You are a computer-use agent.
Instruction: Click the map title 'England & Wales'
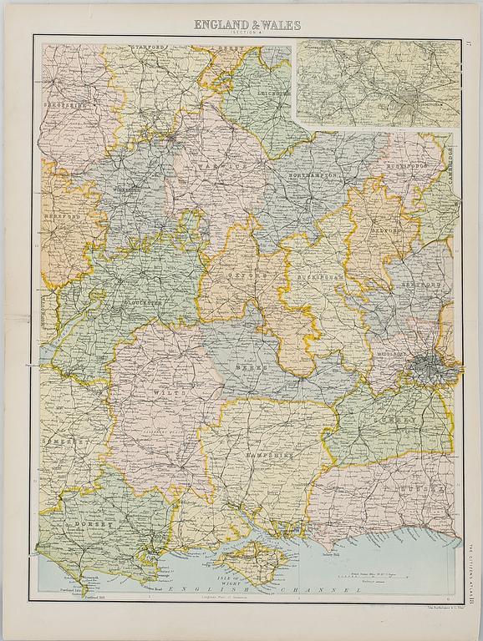241,25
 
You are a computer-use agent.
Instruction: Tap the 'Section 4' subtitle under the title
241,33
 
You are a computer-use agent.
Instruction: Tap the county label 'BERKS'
254,365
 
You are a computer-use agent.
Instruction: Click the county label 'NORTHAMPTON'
312,177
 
